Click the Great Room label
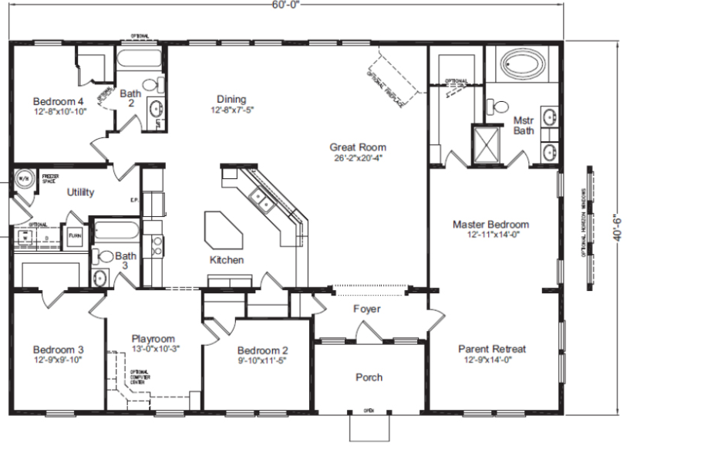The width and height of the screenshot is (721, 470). (x=358, y=147)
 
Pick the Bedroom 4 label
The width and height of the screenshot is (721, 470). (x=59, y=101)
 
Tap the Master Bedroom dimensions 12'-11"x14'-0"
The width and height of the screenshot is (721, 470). (x=490, y=235)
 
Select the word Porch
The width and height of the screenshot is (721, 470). (x=369, y=377)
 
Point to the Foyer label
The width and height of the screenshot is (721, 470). (x=367, y=309)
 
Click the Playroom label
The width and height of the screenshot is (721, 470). (x=153, y=339)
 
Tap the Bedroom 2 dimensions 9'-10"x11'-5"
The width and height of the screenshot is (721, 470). (x=262, y=360)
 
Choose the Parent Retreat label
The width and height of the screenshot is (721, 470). (x=491, y=349)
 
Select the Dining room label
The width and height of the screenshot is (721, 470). (x=231, y=99)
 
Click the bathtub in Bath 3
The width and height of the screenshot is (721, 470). (x=116, y=230)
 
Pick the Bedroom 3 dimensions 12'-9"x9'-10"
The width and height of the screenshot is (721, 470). (x=59, y=360)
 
